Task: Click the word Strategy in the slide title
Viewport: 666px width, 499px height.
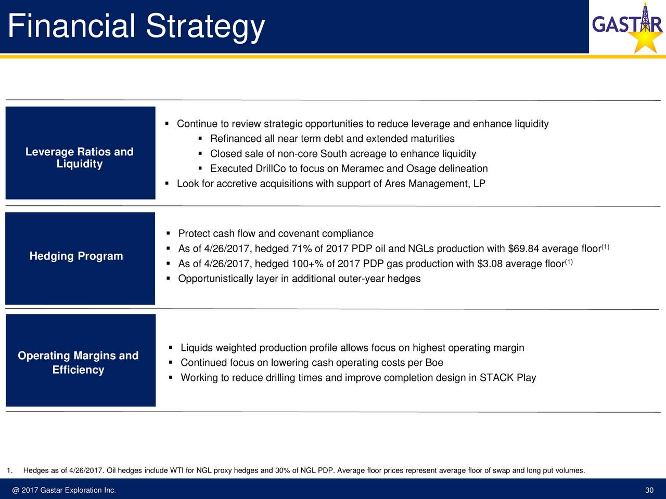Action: pyautogui.click(x=206, y=27)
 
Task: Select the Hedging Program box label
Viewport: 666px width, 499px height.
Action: pyautogui.click(x=76, y=256)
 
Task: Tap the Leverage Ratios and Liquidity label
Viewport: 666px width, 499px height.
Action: pyautogui.click(x=80, y=157)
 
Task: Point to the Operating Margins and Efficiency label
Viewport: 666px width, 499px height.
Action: pyautogui.click(x=78, y=362)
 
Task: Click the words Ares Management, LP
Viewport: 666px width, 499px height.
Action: pyautogui.click(x=435, y=183)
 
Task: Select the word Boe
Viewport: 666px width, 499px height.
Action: pyautogui.click(x=434, y=363)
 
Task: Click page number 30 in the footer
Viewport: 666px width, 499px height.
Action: pyautogui.click(x=649, y=490)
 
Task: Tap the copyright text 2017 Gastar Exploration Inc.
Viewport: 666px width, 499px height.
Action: pyautogui.click(x=69, y=490)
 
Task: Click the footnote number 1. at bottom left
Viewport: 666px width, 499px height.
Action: pyautogui.click(x=10, y=470)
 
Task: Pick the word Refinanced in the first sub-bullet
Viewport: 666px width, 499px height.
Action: pyautogui.click(x=236, y=139)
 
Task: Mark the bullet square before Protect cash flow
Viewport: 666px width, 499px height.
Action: pyautogui.click(x=169, y=233)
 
